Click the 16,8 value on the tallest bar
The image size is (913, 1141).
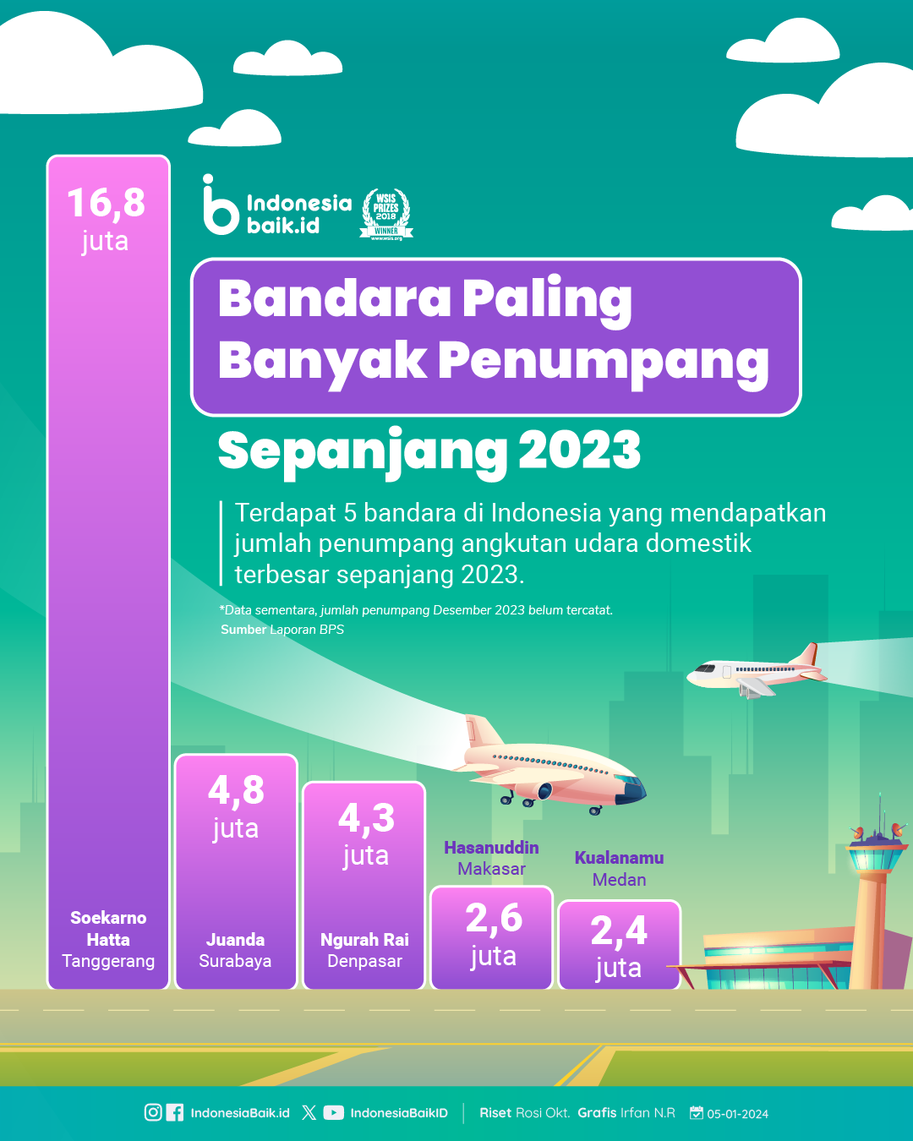(x=107, y=203)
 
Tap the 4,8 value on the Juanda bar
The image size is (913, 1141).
(x=236, y=790)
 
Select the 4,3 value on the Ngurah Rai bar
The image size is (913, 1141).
(x=366, y=817)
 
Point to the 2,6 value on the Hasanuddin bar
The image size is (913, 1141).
(x=494, y=918)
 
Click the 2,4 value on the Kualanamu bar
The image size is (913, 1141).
(x=619, y=931)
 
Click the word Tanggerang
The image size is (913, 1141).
(x=108, y=961)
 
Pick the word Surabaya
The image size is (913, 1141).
(x=235, y=961)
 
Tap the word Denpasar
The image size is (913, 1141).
(x=364, y=961)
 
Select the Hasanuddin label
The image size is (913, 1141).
(x=491, y=848)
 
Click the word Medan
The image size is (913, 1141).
(x=619, y=880)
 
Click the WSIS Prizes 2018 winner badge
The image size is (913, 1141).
(x=386, y=214)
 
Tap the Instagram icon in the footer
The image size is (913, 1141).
(x=153, y=1112)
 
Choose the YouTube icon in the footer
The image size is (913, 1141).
(x=333, y=1112)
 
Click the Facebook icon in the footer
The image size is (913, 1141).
(x=174, y=1112)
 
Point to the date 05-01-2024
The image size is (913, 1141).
(x=737, y=1114)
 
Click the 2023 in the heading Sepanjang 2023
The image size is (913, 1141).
(x=579, y=450)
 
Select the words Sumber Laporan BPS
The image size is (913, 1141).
(x=282, y=630)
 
